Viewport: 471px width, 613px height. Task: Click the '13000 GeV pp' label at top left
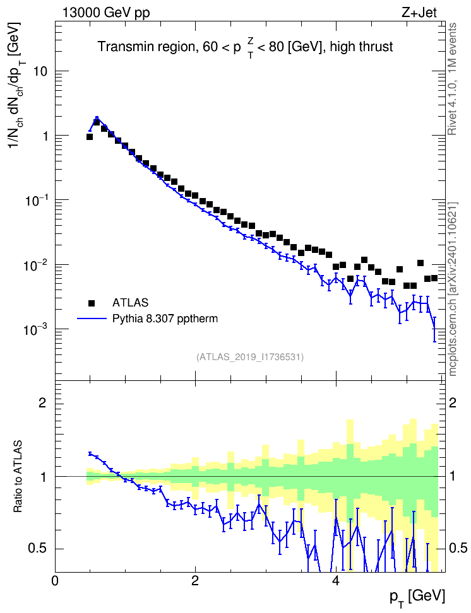pyautogui.click(x=106, y=13)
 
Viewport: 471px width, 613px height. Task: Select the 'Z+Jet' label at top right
pyautogui.click(x=419, y=13)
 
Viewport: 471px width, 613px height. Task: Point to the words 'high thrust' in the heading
pyautogui.click(x=361, y=47)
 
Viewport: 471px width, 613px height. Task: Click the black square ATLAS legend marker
pyautogui.click(x=92, y=303)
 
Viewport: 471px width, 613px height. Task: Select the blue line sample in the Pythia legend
pyautogui.click(x=92, y=319)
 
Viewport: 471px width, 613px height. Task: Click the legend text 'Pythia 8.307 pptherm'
pyautogui.click(x=165, y=319)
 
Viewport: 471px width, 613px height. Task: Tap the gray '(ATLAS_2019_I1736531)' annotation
pyautogui.click(x=250, y=357)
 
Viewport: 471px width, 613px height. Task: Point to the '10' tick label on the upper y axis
pyautogui.click(x=39, y=72)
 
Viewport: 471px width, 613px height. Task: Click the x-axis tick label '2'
pyautogui.click(x=195, y=580)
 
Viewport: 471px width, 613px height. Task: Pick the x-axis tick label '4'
pyautogui.click(x=335, y=580)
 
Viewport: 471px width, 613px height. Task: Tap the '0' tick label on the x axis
pyautogui.click(x=55, y=580)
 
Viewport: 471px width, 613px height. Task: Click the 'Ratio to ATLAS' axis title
pyautogui.click(x=18, y=476)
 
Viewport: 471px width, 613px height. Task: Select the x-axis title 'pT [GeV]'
pyautogui.click(x=417, y=598)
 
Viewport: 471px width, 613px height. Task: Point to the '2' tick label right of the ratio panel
pyautogui.click(x=453, y=402)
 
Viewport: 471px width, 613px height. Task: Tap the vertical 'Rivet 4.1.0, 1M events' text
pyautogui.click(x=453, y=79)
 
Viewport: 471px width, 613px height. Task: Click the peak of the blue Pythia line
pyautogui.click(x=97, y=117)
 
